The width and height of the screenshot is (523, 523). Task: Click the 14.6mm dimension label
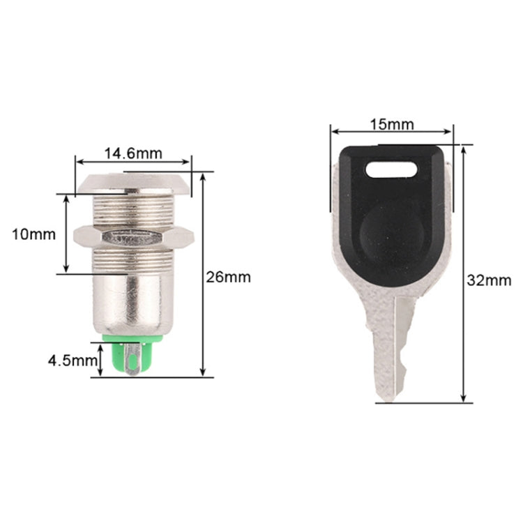click(x=132, y=153)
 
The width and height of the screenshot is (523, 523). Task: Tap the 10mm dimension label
click(x=33, y=234)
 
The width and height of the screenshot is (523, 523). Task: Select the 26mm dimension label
click(x=228, y=277)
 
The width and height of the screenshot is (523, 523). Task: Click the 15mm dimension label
click(x=391, y=125)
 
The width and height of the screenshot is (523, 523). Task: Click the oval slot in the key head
click(x=391, y=168)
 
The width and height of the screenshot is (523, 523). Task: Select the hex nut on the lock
click(x=133, y=237)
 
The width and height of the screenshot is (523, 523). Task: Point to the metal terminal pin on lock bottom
click(x=132, y=363)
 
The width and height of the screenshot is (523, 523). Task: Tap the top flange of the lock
click(x=132, y=184)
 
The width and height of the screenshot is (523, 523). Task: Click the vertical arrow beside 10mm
click(x=66, y=234)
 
